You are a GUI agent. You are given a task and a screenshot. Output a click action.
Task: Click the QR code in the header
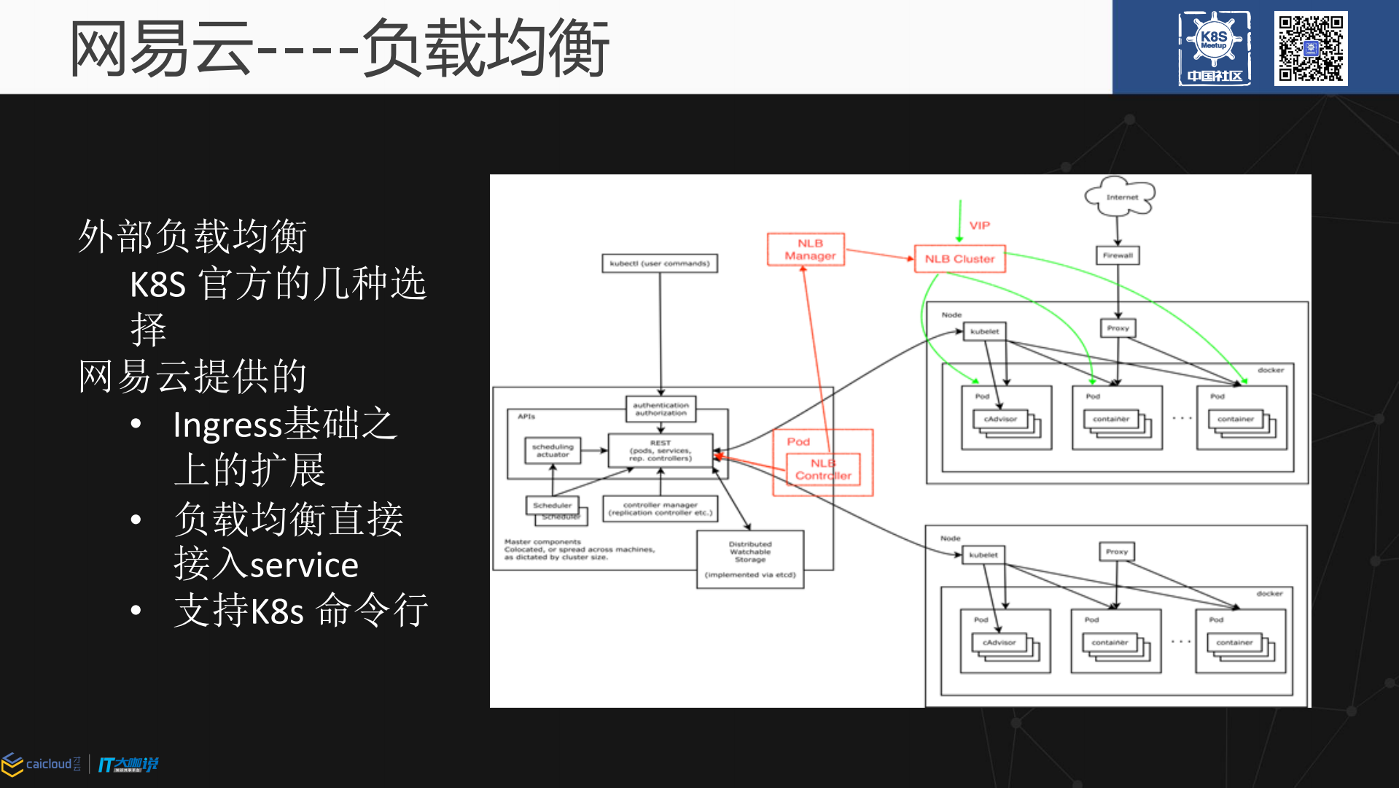pos(1310,48)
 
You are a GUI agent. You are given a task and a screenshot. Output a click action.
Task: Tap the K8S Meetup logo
pos(1214,48)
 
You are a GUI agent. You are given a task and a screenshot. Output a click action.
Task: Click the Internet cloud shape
pos(1121,196)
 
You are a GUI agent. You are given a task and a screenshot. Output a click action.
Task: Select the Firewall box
pos(1118,255)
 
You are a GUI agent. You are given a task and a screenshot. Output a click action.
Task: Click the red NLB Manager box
pos(806,250)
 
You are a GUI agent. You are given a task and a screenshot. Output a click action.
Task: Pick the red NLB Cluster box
pos(959,259)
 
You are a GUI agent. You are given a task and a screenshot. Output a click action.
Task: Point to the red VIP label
pos(980,225)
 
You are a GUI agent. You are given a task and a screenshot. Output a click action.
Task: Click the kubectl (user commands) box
pos(660,263)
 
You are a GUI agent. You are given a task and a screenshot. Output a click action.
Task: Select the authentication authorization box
pos(660,409)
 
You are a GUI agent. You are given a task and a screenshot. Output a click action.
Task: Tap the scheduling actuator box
pos(553,451)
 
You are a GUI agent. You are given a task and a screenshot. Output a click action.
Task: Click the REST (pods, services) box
pos(660,451)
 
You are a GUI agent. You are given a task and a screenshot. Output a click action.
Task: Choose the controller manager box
pos(660,509)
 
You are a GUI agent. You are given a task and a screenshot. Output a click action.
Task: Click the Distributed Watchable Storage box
pos(750,559)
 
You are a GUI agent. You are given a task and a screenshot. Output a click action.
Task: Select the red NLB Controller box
pos(824,469)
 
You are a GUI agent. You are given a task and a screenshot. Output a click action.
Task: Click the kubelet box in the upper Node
pos(985,331)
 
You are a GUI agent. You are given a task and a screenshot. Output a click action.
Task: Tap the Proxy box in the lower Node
pos(1116,552)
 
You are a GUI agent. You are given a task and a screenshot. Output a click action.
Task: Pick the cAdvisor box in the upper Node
pos(1000,419)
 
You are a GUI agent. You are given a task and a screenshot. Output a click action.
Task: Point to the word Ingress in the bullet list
pos(227,425)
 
